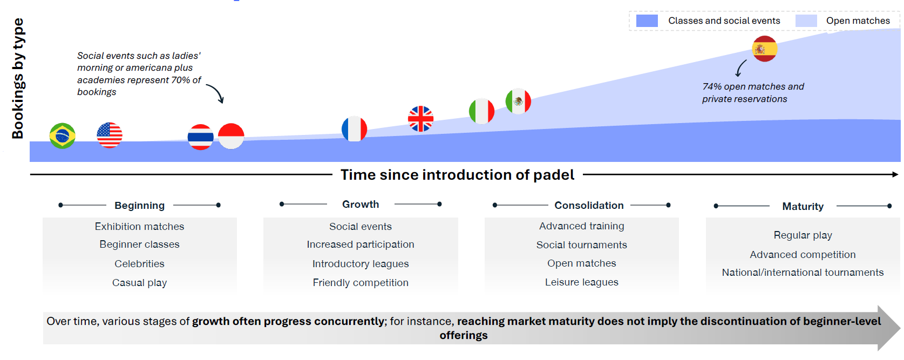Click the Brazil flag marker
(x=62, y=135)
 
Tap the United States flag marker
(x=110, y=135)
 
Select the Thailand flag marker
(x=200, y=137)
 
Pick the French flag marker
(x=354, y=129)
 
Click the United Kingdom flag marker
(x=420, y=119)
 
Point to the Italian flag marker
(x=481, y=111)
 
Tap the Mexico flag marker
(x=518, y=101)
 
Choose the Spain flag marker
(x=764, y=49)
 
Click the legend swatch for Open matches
(x=806, y=21)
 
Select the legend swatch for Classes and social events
(x=647, y=21)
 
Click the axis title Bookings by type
(x=18, y=79)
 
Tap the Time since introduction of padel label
(x=457, y=175)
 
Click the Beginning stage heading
(x=139, y=205)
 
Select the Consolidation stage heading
(x=589, y=205)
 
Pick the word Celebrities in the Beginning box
(x=139, y=263)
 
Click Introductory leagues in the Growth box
(x=361, y=263)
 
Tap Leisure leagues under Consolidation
(x=581, y=282)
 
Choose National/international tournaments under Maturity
(x=803, y=272)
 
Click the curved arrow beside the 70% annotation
(x=215, y=93)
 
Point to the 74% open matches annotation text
(x=752, y=92)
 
